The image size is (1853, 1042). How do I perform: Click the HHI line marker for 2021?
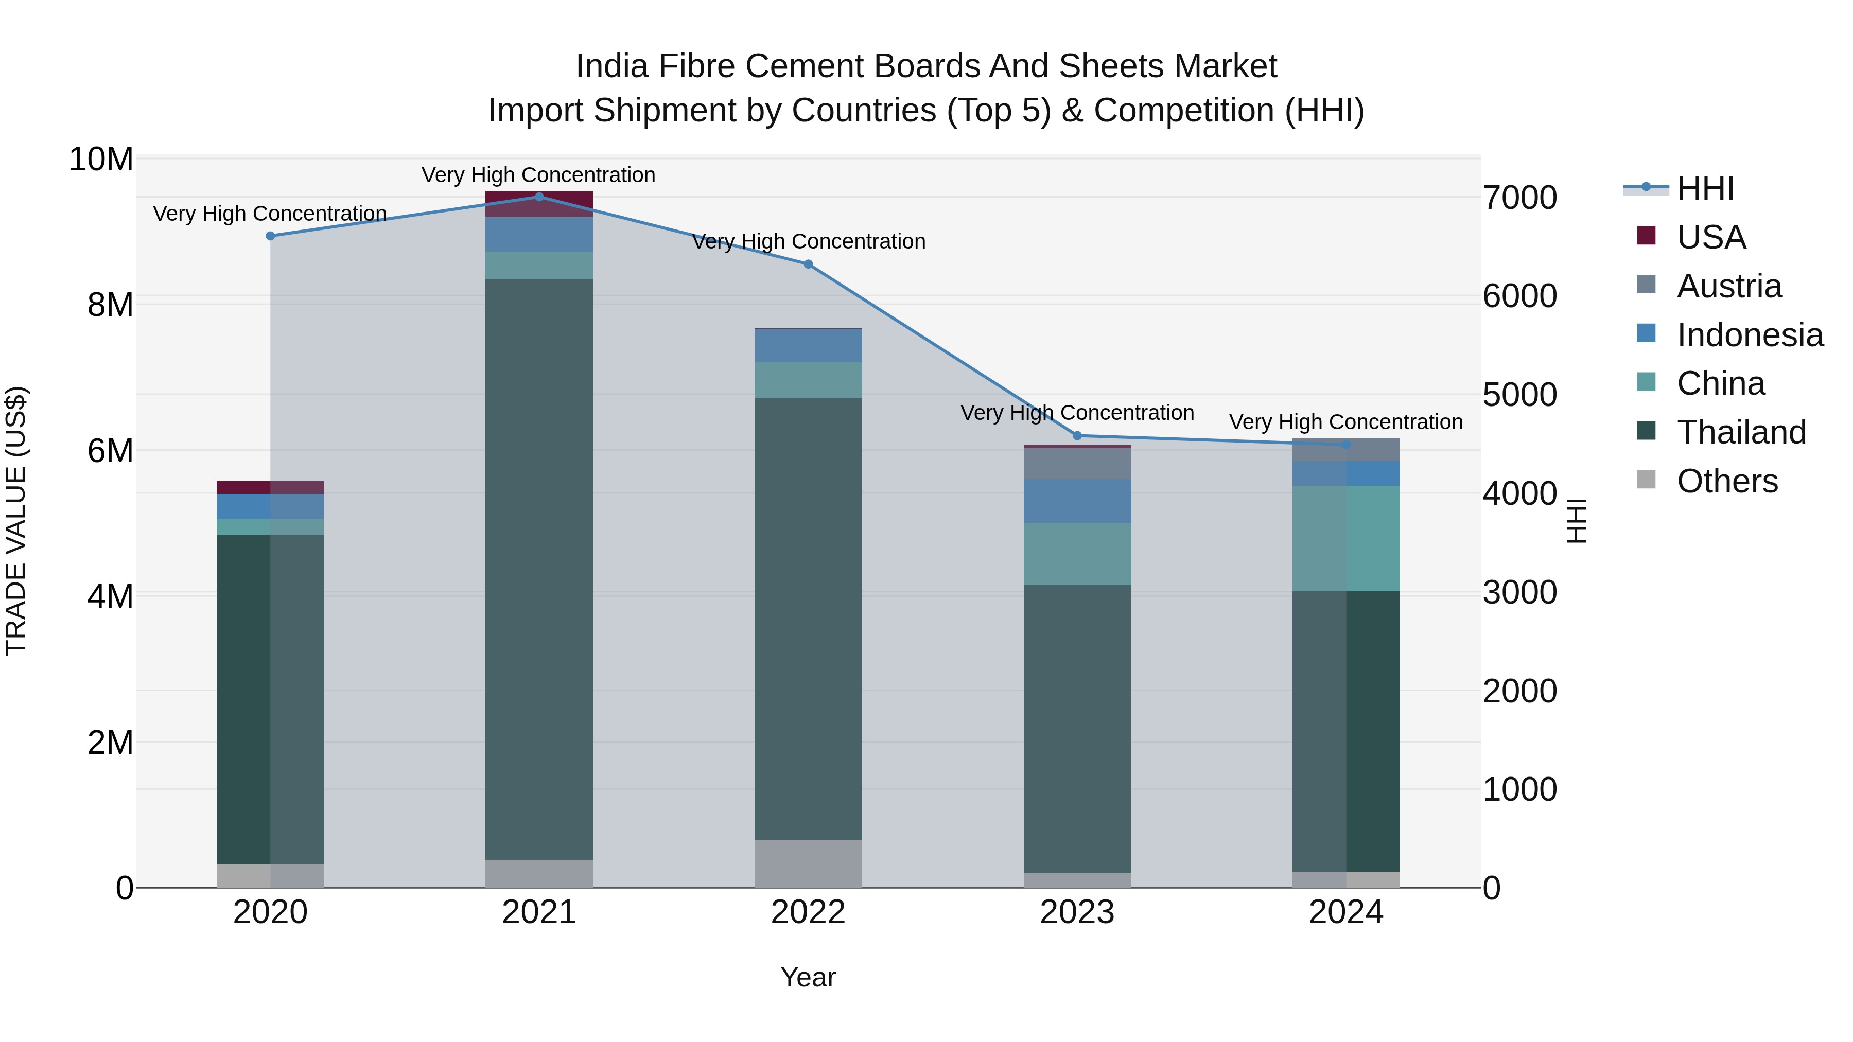coord(539,197)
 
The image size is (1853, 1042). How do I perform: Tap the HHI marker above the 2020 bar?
coord(270,236)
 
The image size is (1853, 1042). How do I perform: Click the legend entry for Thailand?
coord(1741,432)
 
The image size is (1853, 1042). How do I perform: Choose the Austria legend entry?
coord(1728,286)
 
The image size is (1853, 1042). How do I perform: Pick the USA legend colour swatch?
coord(1646,236)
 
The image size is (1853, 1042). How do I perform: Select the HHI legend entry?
coord(1705,188)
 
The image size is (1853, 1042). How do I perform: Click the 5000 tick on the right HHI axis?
coord(1519,395)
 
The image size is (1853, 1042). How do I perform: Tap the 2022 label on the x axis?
coord(808,912)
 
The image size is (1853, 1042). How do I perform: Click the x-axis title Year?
coord(808,977)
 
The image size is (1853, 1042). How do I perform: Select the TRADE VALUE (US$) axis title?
coord(16,521)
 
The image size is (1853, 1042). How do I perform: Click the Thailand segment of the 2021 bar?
coord(539,568)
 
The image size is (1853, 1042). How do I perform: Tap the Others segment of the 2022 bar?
coord(808,863)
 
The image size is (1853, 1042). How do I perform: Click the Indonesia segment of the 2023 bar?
coord(1077,501)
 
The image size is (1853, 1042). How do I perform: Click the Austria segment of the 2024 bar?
coord(1346,449)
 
